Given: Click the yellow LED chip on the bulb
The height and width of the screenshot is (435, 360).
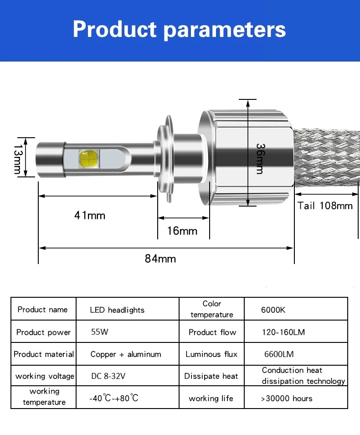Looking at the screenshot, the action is click(x=89, y=158).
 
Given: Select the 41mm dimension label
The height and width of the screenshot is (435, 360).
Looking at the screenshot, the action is click(x=90, y=216).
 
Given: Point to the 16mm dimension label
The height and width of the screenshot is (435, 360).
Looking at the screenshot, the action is click(x=182, y=231).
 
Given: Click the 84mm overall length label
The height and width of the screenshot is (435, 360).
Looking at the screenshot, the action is click(x=160, y=259).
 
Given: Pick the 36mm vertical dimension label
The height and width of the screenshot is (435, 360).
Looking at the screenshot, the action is click(x=260, y=159).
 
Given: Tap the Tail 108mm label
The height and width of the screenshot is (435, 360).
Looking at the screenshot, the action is click(x=325, y=206).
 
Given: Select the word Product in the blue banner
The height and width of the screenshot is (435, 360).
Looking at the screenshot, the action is click(x=115, y=29).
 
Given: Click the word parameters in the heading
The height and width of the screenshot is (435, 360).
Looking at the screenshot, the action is click(x=225, y=31).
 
